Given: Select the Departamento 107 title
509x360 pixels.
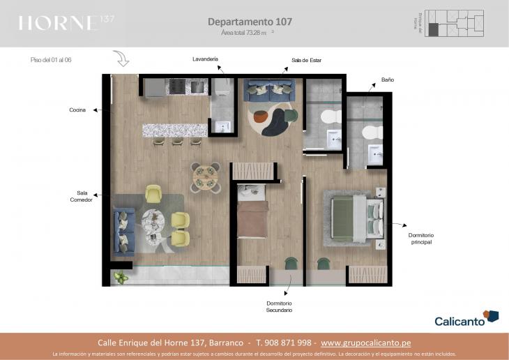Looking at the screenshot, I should click(x=250, y=22).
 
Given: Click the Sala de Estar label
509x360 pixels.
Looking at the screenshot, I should click(x=306, y=61).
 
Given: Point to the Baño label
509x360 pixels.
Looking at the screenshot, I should click(x=388, y=80).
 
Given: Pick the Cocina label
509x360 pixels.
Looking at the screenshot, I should click(x=77, y=110).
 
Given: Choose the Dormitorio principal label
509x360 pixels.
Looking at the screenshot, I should click(x=420, y=239).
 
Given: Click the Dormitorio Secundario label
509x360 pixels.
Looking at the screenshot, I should click(x=279, y=306).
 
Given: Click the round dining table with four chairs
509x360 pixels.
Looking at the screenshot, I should click(x=206, y=177).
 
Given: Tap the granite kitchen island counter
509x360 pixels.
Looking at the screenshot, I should click(x=175, y=130).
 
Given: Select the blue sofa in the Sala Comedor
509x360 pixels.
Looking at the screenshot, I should click(x=124, y=232).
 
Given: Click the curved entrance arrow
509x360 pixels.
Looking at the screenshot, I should click(x=121, y=59).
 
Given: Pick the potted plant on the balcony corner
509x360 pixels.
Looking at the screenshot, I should click(x=121, y=278).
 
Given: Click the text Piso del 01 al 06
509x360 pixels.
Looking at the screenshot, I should click(x=52, y=60).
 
